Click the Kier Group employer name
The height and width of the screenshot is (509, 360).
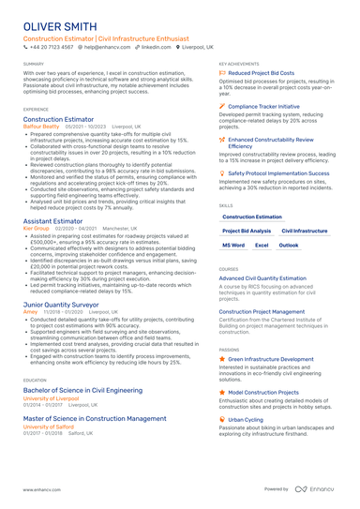click(x=36, y=229)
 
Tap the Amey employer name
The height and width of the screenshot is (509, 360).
click(x=30, y=312)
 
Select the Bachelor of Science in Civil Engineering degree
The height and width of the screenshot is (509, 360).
click(x=82, y=389)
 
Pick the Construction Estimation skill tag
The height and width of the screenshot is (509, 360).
click(x=251, y=217)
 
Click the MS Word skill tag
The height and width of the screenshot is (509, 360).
click(x=233, y=245)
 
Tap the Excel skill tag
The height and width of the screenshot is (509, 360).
click(x=262, y=245)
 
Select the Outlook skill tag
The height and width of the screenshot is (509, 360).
click(x=289, y=245)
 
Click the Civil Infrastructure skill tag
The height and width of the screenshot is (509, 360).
click(x=304, y=231)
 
